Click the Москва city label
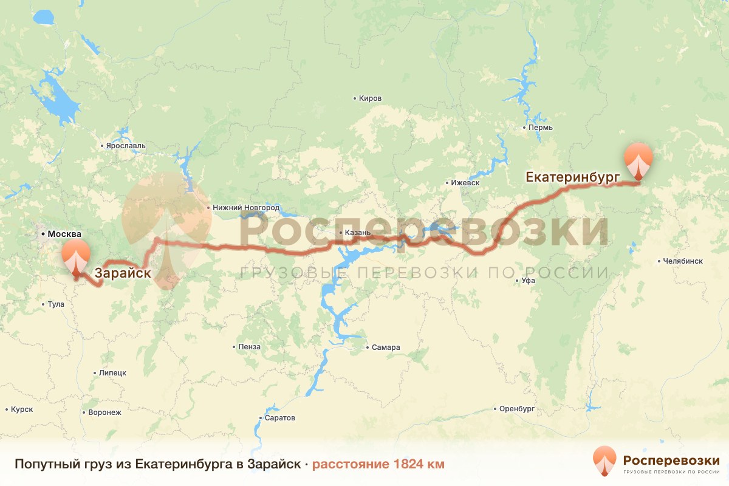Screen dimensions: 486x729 tap(64, 234)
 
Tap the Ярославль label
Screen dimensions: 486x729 tap(126, 146)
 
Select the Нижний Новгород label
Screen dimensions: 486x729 tap(247, 208)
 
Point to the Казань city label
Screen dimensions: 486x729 tap(355, 233)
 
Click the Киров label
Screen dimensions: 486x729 tap(370, 98)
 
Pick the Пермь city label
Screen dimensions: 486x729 tap(540, 128)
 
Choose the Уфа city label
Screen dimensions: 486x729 tap(528, 281)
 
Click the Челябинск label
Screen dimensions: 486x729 tap(683, 261)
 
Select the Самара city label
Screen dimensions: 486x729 tap(386, 347)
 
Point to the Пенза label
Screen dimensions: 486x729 tap(250, 347)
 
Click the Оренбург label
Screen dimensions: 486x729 tap(516, 408)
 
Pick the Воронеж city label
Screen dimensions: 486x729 tap(104, 412)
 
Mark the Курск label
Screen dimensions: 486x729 tap(22, 409)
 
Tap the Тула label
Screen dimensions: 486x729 tap(55, 304)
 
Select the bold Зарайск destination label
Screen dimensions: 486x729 tap(123, 273)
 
